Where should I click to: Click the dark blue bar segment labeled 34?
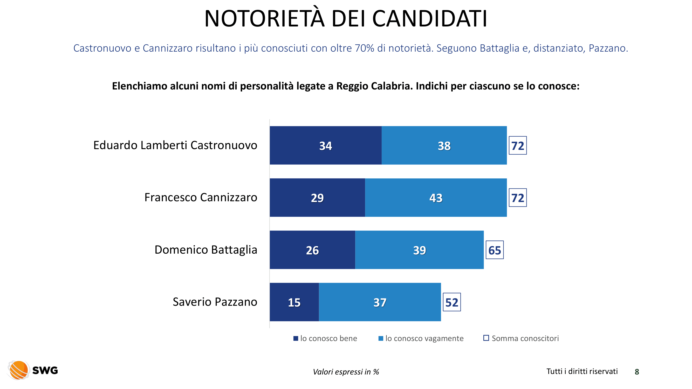(x=325, y=145)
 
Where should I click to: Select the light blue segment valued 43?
(x=436, y=198)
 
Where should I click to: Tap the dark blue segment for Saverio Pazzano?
(x=294, y=302)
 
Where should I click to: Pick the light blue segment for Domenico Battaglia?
(x=419, y=250)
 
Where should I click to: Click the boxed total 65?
(x=495, y=250)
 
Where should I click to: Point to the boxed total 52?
(x=451, y=302)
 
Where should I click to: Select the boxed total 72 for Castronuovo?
(x=518, y=145)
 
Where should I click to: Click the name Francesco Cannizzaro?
(x=201, y=197)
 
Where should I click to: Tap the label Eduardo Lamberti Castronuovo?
(x=175, y=145)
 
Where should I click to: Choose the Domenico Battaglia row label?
(x=206, y=250)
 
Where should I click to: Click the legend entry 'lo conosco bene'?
(x=325, y=338)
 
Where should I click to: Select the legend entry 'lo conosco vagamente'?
(x=421, y=338)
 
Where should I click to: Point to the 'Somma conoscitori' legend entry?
(x=521, y=338)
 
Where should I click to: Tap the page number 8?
(x=637, y=372)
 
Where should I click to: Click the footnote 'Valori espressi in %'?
(x=346, y=372)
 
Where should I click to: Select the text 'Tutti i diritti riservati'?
(x=582, y=371)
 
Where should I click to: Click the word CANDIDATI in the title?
(x=429, y=19)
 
